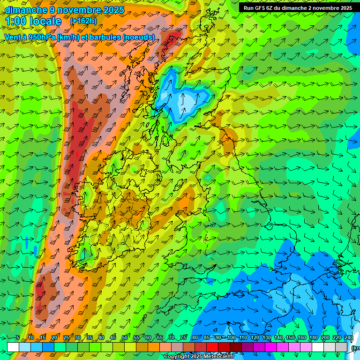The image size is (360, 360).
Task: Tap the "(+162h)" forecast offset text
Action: click(x=83, y=21)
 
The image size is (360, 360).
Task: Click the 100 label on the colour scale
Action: click(x=231, y=338)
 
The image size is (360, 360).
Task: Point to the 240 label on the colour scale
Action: click(x=349, y=338)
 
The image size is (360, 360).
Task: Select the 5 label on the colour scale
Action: click(x=18, y=338)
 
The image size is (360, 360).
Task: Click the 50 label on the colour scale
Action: click(x=125, y=338)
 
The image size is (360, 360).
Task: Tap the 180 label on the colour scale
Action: click(x=314, y=338)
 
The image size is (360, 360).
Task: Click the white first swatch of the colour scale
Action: click(x=13, y=347)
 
